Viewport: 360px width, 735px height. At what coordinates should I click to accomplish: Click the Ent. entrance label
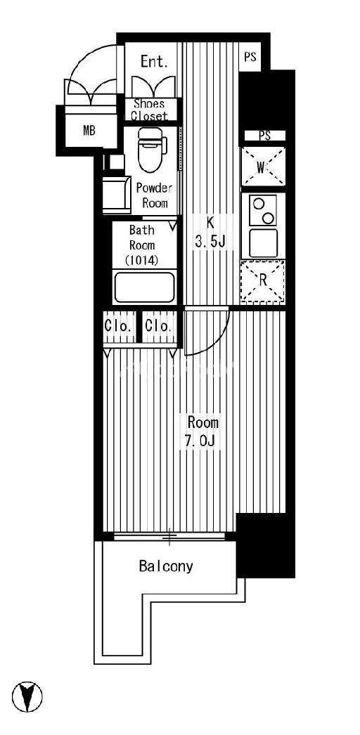[154, 61]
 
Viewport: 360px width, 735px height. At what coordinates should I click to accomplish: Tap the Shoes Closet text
[150, 110]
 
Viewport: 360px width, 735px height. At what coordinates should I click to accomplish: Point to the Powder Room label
[154, 196]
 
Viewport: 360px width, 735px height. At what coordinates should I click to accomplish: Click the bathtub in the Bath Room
[145, 287]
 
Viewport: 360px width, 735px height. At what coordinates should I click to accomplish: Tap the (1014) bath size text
[142, 260]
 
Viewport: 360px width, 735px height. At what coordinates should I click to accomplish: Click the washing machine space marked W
[263, 167]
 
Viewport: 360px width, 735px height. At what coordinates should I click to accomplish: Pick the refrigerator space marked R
[263, 281]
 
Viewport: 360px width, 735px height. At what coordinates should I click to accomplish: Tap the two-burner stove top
[262, 211]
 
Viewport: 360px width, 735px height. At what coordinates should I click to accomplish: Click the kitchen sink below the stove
[263, 243]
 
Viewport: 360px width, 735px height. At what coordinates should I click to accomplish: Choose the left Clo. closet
[120, 327]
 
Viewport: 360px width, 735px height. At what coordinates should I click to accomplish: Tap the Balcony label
[166, 566]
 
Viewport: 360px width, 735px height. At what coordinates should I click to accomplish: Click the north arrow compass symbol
[27, 697]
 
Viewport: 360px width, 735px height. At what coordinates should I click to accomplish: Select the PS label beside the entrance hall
[250, 57]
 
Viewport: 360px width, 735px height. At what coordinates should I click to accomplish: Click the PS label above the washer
[265, 136]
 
